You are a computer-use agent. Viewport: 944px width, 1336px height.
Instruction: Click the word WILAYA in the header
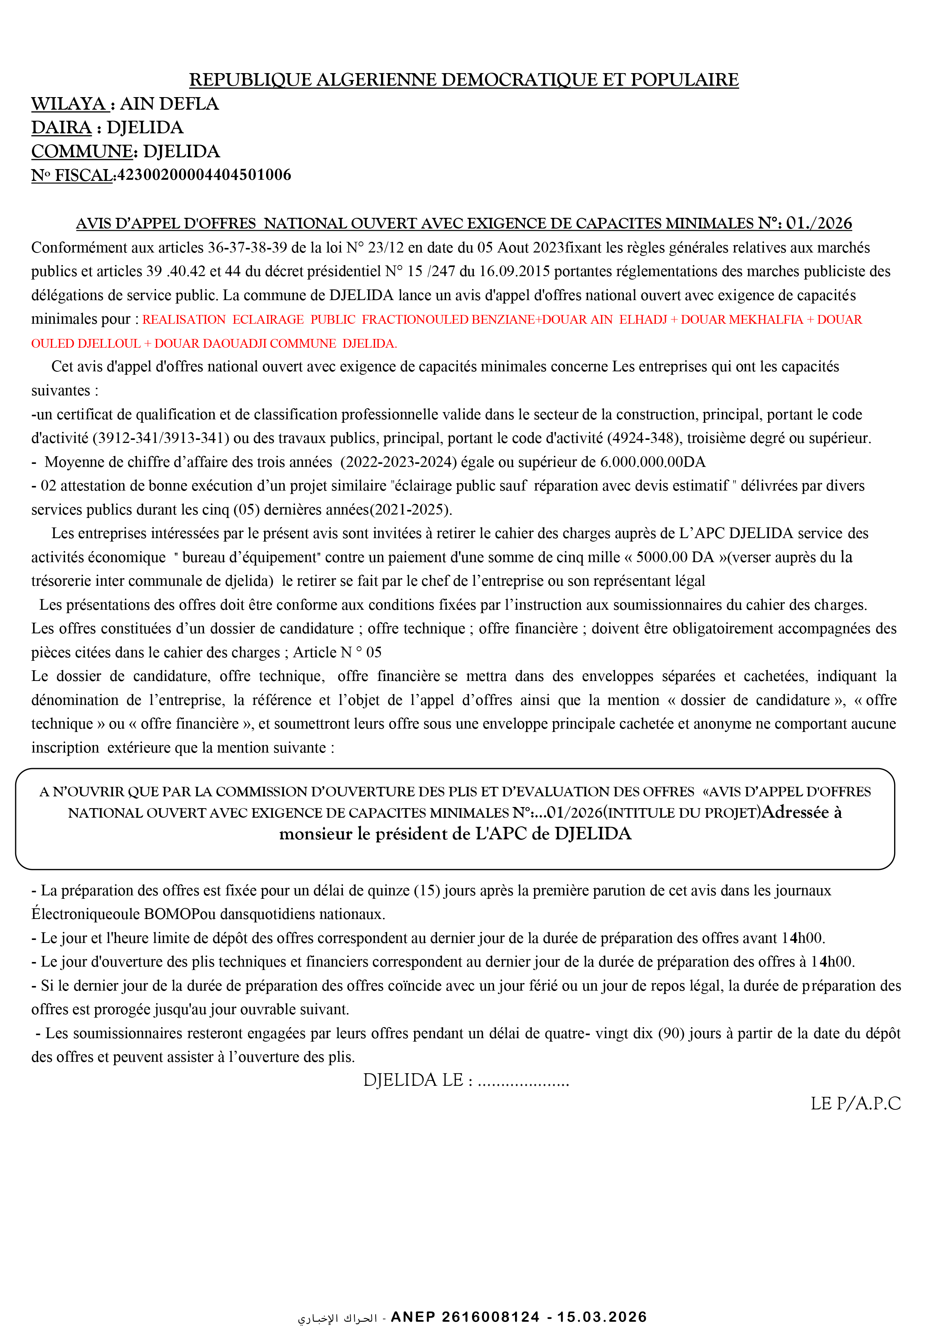click(68, 104)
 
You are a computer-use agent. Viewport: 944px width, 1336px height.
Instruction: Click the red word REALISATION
click(184, 320)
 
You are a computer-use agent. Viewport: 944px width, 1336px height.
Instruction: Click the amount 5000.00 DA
click(675, 558)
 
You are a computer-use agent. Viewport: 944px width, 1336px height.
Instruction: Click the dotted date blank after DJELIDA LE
click(523, 1080)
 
